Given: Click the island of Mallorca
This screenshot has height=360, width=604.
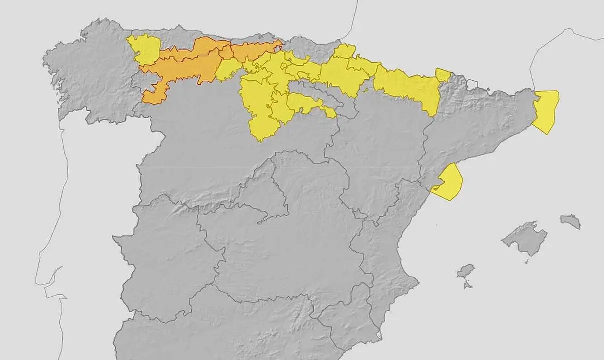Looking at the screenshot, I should [x=525, y=238].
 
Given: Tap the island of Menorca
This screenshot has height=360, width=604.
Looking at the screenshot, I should [x=571, y=221].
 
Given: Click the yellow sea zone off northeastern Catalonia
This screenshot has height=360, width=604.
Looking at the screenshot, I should [x=546, y=111].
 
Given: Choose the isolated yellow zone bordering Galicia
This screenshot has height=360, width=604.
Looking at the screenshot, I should [x=144, y=49].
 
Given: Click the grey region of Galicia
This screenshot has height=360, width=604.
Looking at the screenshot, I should [x=90, y=75].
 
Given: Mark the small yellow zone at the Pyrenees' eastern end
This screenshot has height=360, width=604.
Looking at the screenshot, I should [x=443, y=75].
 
